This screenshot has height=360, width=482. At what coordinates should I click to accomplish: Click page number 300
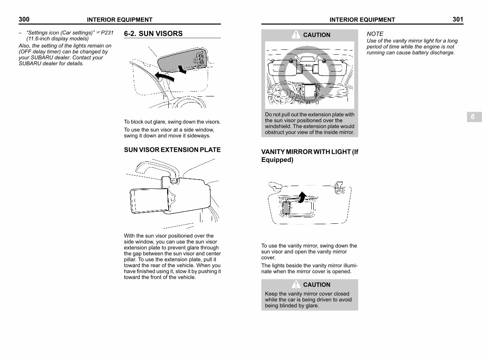24,19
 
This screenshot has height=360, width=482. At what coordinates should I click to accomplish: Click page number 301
457,19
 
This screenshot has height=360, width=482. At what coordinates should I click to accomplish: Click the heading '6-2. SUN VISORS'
153,34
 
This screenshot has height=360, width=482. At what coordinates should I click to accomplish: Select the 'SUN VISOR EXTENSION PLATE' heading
172,150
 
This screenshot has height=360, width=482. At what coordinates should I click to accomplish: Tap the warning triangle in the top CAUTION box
296,35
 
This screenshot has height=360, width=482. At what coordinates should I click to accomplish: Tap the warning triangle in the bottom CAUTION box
296,284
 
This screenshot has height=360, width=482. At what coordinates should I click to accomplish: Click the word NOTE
375,34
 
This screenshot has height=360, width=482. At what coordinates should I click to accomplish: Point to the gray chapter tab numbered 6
473,117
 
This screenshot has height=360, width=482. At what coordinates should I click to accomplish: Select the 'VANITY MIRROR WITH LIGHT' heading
309,156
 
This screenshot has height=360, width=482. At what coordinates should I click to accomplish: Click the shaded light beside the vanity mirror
286,207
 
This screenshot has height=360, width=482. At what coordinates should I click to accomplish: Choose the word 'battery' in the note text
412,53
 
